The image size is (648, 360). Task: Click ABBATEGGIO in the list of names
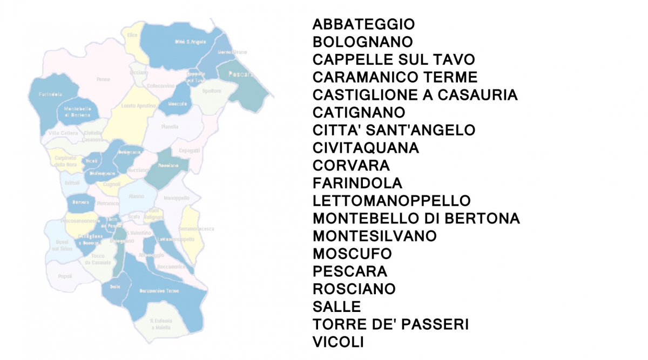click(363, 24)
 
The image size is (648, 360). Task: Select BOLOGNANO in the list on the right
click(362, 42)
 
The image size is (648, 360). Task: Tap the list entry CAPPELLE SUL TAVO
click(394, 59)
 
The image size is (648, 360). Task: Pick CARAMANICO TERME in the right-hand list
click(395, 77)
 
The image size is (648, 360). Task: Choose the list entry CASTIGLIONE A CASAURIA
click(415, 95)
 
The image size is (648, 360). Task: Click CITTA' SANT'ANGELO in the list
click(394, 130)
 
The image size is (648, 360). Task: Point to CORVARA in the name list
click(351, 165)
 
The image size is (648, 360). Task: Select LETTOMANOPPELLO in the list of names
click(391, 201)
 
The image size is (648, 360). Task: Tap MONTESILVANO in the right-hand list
click(374, 236)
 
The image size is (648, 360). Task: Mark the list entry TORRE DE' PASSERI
click(390, 324)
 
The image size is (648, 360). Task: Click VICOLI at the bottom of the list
click(338, 342)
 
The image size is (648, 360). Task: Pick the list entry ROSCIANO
click(354, 289)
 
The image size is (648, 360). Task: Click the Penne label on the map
click(103, 79)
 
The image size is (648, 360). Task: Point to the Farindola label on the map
click(50, 94)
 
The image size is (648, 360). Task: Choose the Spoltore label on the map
click(212, 91)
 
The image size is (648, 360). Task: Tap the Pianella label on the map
click(170, 127)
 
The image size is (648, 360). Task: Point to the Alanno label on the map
click(137, 197)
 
